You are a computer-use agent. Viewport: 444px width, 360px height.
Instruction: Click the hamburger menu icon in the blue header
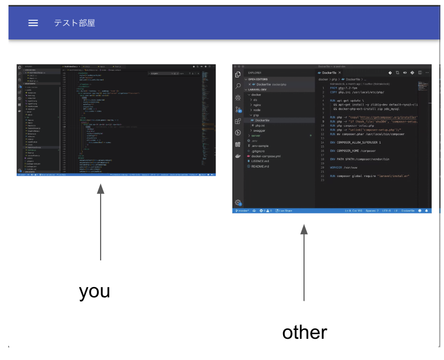33,23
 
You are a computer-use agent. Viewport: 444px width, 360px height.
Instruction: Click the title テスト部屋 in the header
74,23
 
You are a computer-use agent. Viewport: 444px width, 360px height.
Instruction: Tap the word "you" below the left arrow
94,291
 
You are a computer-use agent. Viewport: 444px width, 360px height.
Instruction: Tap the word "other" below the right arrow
304,332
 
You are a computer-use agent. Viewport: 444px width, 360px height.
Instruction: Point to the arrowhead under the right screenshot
304,229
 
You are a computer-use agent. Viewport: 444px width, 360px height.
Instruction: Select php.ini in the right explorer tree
261,125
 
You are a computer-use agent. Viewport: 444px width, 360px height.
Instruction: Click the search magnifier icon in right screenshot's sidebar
238,86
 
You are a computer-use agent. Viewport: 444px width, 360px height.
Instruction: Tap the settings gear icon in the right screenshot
238,202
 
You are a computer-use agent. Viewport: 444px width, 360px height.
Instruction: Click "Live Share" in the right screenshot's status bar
285,211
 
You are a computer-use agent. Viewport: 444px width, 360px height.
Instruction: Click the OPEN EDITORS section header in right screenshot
261,79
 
